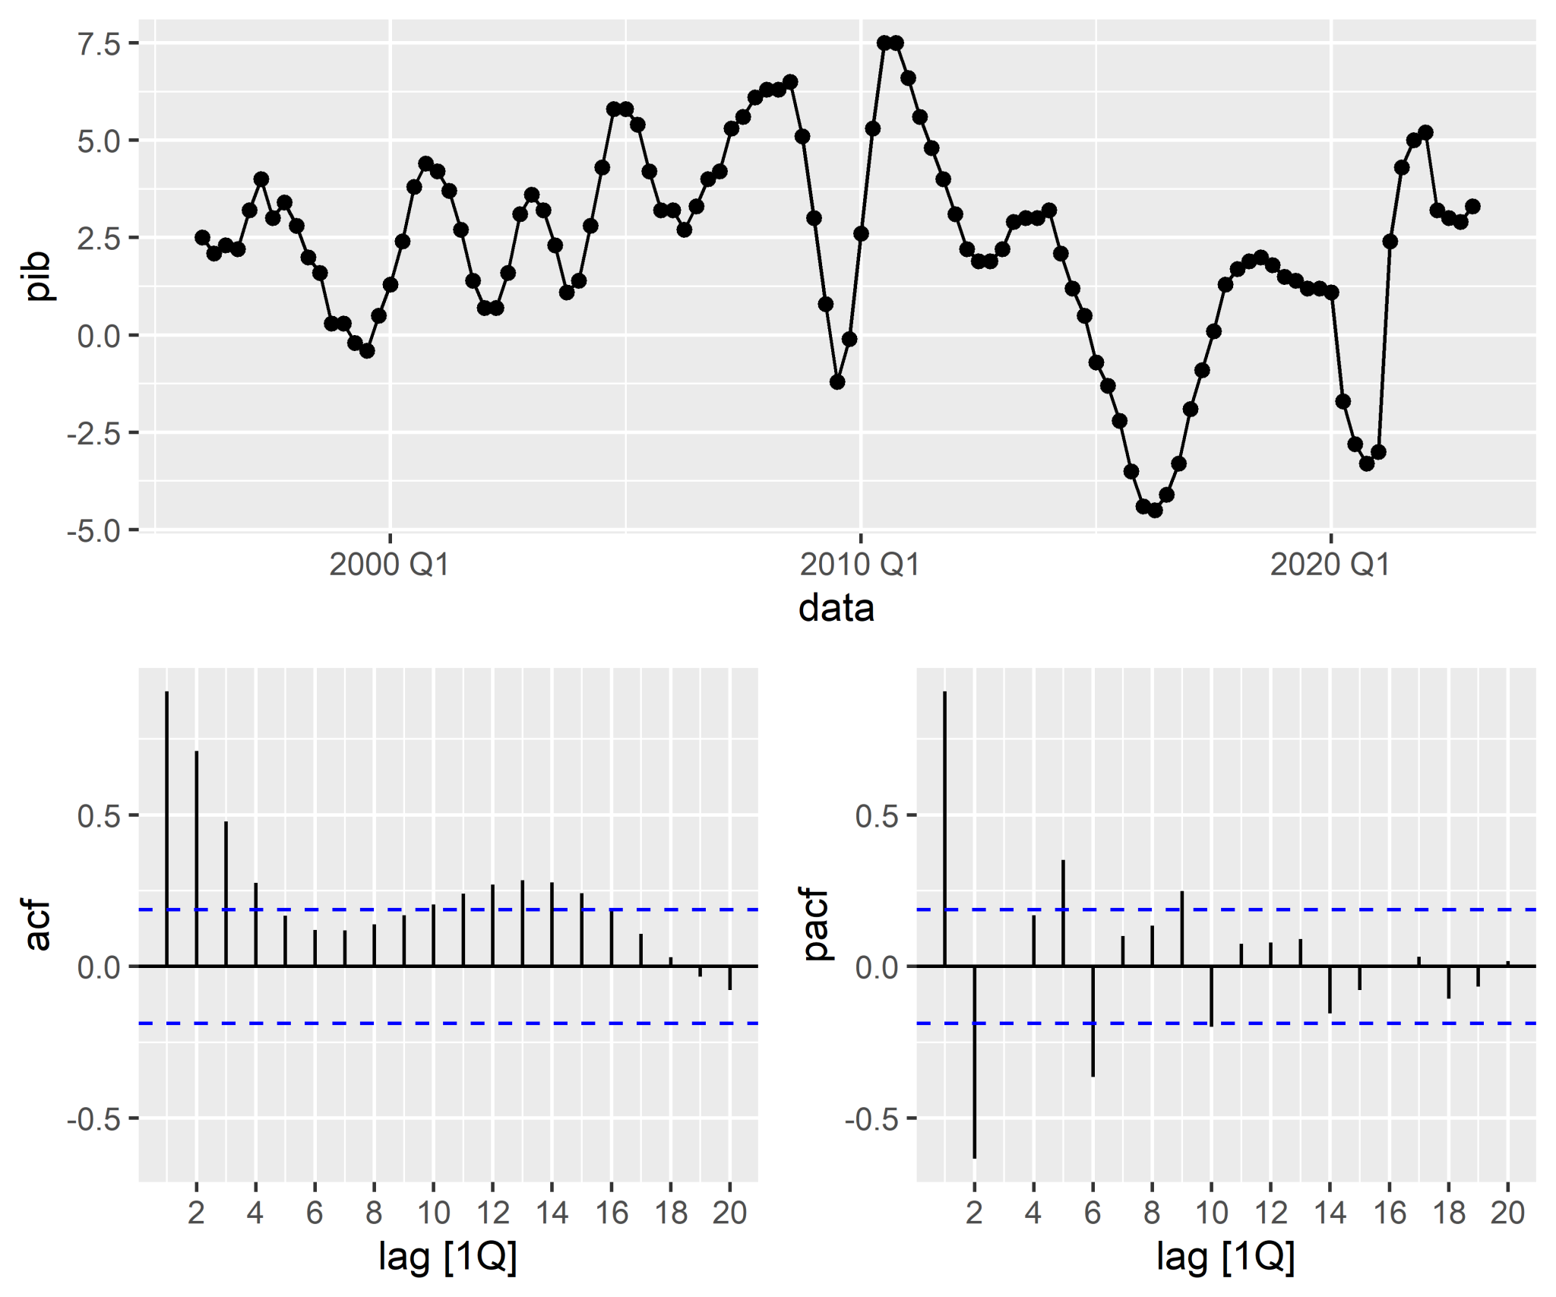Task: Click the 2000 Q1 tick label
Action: tap(389, 565)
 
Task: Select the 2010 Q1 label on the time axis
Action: tap(859, 565)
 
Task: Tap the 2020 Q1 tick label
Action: tap(1330, 565)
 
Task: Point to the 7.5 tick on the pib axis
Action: tap(99, 44)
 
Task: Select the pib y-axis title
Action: tap(36, 276)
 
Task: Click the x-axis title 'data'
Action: tap(836, 609)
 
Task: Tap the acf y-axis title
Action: tap(36, 925)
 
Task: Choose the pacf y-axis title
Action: tap(814, 924)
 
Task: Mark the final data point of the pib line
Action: tap(1472, 207)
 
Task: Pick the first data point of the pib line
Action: tap(202, 238)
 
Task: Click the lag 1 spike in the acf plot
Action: tap(167, 828)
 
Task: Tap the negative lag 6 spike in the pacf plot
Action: tap(1093, 1021)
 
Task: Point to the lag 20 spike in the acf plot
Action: tap(729, 978)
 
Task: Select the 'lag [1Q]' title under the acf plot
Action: tap(448, 1256)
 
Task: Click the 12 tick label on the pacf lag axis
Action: tap(1270, 1213)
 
